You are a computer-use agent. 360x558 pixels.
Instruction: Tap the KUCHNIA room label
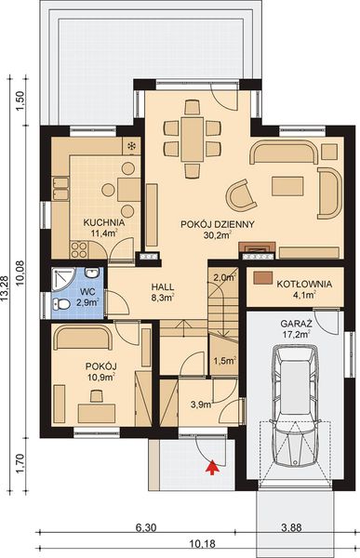pyautogui.click(x=99, y=223)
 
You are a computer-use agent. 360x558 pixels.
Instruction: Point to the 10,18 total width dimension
pyautogui.click(x=192, y=544)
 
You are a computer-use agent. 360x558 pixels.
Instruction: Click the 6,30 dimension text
pyautogui.click(x=143, y=526)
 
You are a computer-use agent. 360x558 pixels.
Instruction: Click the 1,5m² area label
pyautogui.click(x=223, y=361)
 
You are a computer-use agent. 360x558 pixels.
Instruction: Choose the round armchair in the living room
pyautogui.click(x=243, y=196)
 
